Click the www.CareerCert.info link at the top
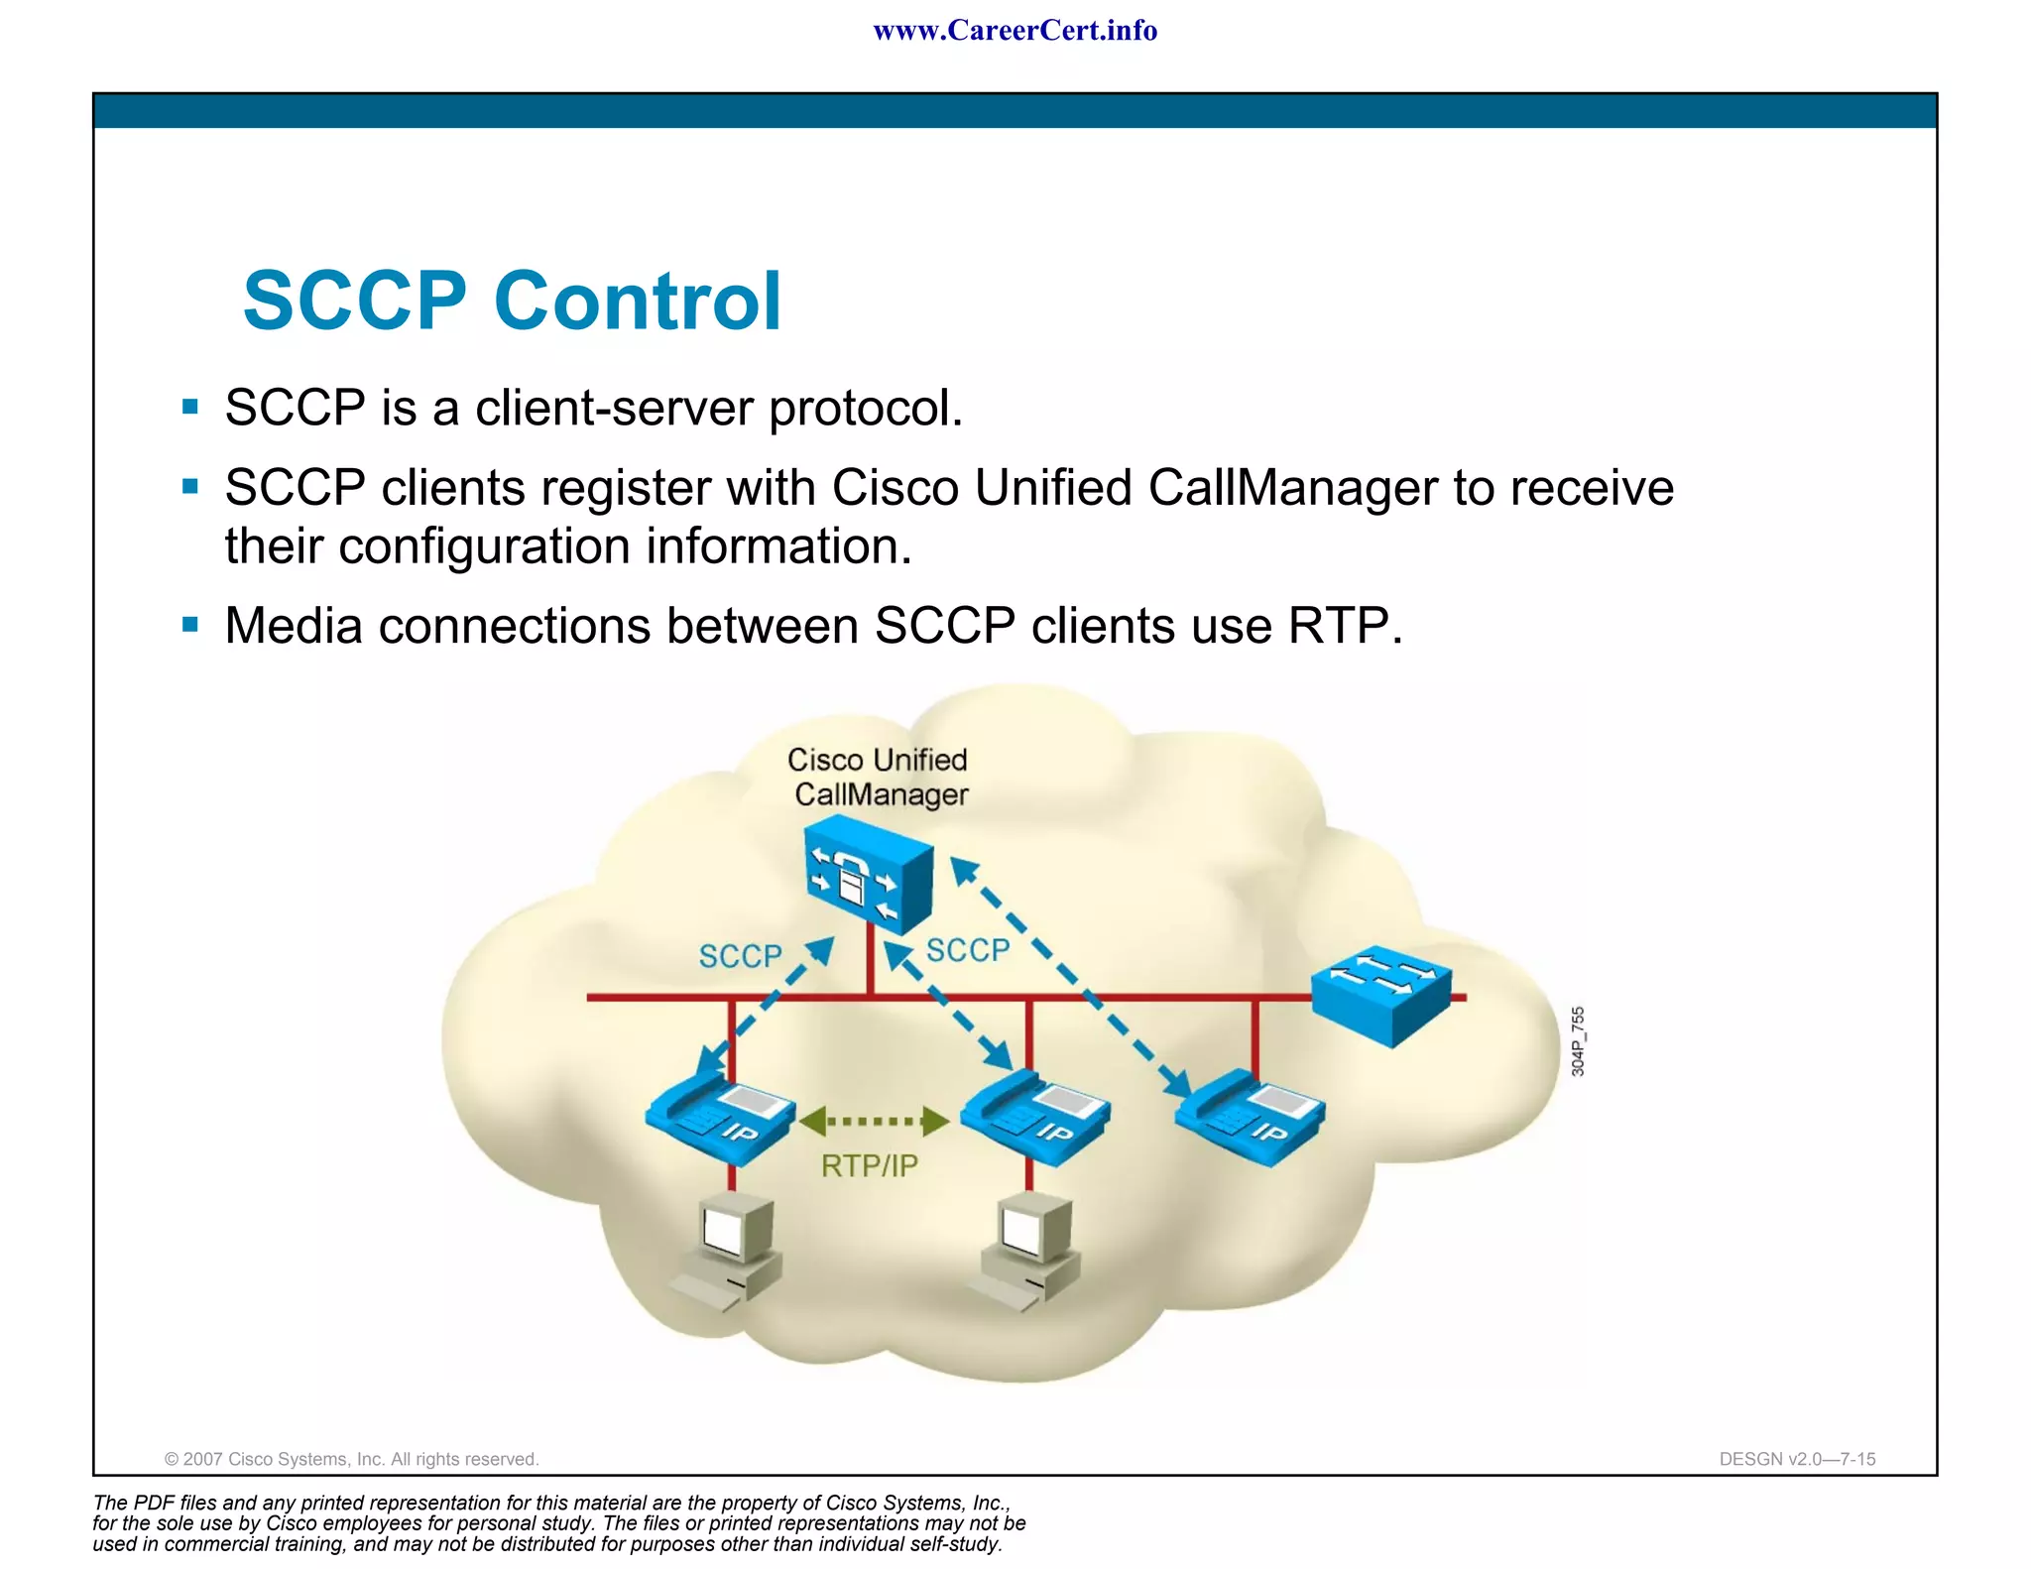[x=1015, y=31]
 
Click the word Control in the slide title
[x=638, y=301]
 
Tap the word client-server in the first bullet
[x=614, y=409]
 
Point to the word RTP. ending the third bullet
[x=1345, y=626]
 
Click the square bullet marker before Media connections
[x=190, y=625]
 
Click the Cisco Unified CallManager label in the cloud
[x=879, y=778]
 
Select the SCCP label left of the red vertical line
[x=740, y=956]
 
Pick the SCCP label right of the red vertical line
[x=967, y=950]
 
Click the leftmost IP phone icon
[x=721, y=1119]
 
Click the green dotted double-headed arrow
[x=873, y=1122]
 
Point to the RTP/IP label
[x=869, y=1166]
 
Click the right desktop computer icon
[x=1027, y=1251]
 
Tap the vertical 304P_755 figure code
[x=1578, y=1041]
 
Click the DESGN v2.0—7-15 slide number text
[x=1797, y=1459]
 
